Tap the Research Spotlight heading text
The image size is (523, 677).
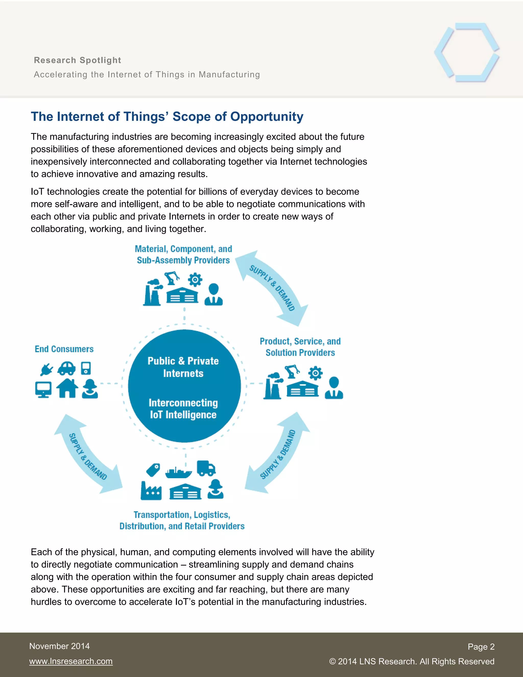[x=77, y=60]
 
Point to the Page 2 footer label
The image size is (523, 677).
[x=481, y=647]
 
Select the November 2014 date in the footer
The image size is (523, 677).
[x=60, y=646]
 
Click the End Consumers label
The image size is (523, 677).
[x=64, y=349]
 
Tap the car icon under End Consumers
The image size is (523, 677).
[x=67, y=368]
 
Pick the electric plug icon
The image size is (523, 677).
[x=46, y=369]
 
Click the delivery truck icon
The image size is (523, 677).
[x=206, y=468]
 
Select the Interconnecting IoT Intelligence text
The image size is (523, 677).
[x=183, y=408]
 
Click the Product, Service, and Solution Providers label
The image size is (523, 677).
[x=300, y=347]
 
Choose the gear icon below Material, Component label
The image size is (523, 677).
[x=195, y=279]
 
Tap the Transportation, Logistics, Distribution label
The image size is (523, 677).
[x=182, y=520]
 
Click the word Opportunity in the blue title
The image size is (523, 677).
[x=267, y=116]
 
